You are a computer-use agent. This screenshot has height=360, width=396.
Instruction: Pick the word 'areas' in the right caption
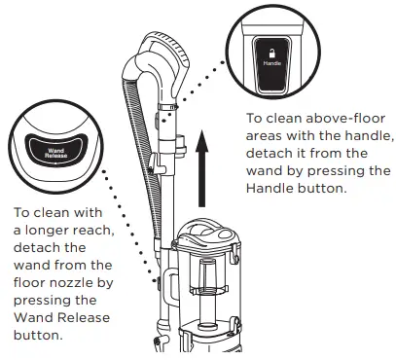265,136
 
